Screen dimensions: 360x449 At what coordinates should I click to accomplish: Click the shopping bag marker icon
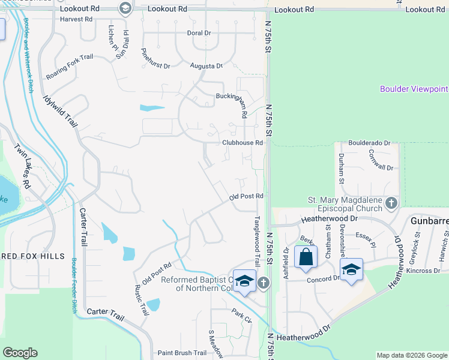pos(306,257)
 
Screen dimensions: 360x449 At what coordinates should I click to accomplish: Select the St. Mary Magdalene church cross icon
pos(391,203)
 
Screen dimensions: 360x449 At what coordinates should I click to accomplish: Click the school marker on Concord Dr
pos(351,269)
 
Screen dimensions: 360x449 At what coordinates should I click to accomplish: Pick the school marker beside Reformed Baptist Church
pos(244,281)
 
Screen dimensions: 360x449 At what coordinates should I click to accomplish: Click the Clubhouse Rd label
pos(243,143)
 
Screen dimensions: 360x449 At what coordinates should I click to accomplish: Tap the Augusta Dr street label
pos(206,65)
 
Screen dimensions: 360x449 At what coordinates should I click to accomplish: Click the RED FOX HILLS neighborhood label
pos(32,256)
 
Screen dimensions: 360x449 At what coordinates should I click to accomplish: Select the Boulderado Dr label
pos(370,144)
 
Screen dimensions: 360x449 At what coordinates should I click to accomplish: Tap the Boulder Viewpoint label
pos(414,89)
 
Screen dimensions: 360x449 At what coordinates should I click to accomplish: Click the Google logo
pos(20,353)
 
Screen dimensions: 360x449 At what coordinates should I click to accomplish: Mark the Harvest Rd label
pos(76,19)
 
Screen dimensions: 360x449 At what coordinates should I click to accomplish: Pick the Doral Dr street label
pos(199,33)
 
